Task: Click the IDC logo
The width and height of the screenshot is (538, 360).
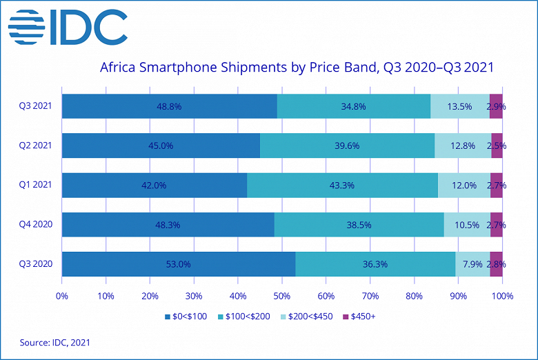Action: coord(68,28)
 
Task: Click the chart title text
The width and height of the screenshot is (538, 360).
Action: coord(297,68)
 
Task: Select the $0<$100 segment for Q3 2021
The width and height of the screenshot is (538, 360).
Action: coord(169,106)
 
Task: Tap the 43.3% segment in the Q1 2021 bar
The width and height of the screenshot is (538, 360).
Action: coord(342,186)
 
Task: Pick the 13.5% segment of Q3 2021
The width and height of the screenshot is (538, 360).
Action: coord(460,106)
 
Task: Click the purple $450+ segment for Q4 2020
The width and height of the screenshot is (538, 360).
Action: coord(496,225)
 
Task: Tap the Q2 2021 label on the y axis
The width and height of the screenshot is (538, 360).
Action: coord(35,146)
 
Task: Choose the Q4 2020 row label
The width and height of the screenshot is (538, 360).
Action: coord(35,225)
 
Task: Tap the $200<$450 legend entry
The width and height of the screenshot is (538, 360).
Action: coord(303,317)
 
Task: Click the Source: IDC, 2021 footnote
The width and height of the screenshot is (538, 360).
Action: coord(54,342)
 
